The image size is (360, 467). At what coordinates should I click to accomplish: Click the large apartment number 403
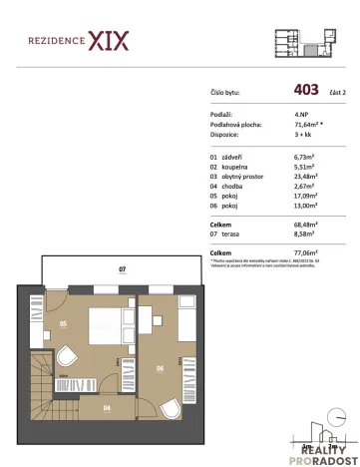point(307,89)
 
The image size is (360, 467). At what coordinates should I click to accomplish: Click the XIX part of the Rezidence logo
point(109,42)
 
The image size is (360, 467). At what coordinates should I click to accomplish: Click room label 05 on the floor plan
point(62,324)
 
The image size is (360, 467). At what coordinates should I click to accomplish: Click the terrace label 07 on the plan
point(121,269)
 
